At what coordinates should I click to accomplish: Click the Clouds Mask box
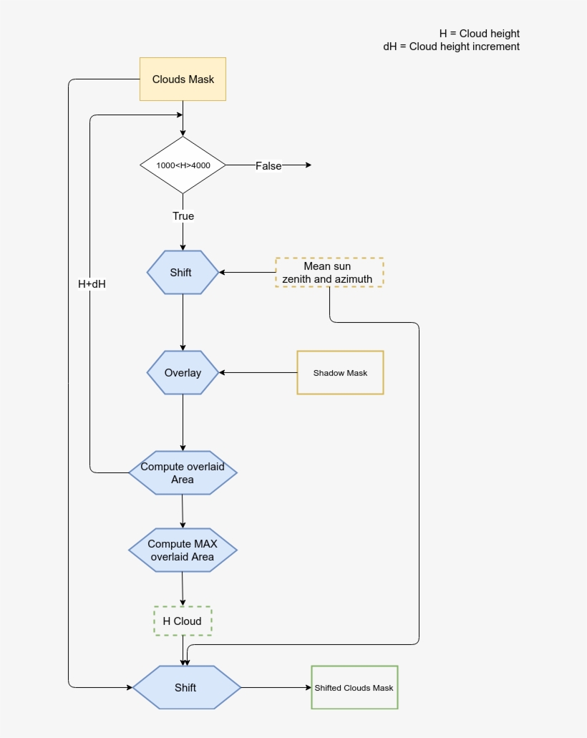point(183,79)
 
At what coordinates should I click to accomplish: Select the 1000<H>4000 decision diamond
point(183,165)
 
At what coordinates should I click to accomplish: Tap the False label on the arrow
point(268,165)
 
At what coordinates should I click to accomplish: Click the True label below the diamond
point(183,215)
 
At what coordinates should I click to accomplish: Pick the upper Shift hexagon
point(183,272)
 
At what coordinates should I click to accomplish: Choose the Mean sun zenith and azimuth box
point(329,272)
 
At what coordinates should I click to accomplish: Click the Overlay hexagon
point(183,372)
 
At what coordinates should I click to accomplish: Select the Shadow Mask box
point(340,372)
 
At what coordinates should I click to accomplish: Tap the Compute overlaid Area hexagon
point(183,472)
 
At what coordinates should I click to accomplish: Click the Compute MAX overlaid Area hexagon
point(183,550)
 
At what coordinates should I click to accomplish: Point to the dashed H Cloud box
point(183,621)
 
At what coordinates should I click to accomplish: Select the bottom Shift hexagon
point(186,687)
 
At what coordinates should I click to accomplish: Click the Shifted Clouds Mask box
point(354,687)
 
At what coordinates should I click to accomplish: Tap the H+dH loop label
point(92,283)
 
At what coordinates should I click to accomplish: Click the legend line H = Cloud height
point(479,34)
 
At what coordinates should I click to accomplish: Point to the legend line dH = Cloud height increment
point(451,47)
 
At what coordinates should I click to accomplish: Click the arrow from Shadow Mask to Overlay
point(258,372)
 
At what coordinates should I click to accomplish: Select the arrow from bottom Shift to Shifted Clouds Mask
point(276,687)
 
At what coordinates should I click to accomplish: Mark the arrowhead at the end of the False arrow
point(309,165)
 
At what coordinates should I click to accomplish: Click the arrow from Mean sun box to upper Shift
point(248,272)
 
